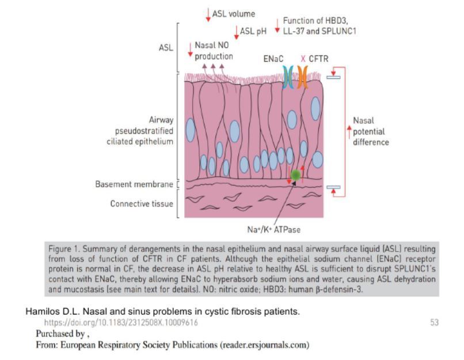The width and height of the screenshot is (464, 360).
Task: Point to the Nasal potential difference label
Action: click(x=370, y=131)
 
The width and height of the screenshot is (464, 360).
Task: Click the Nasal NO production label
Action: click(x=214, y=51)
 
